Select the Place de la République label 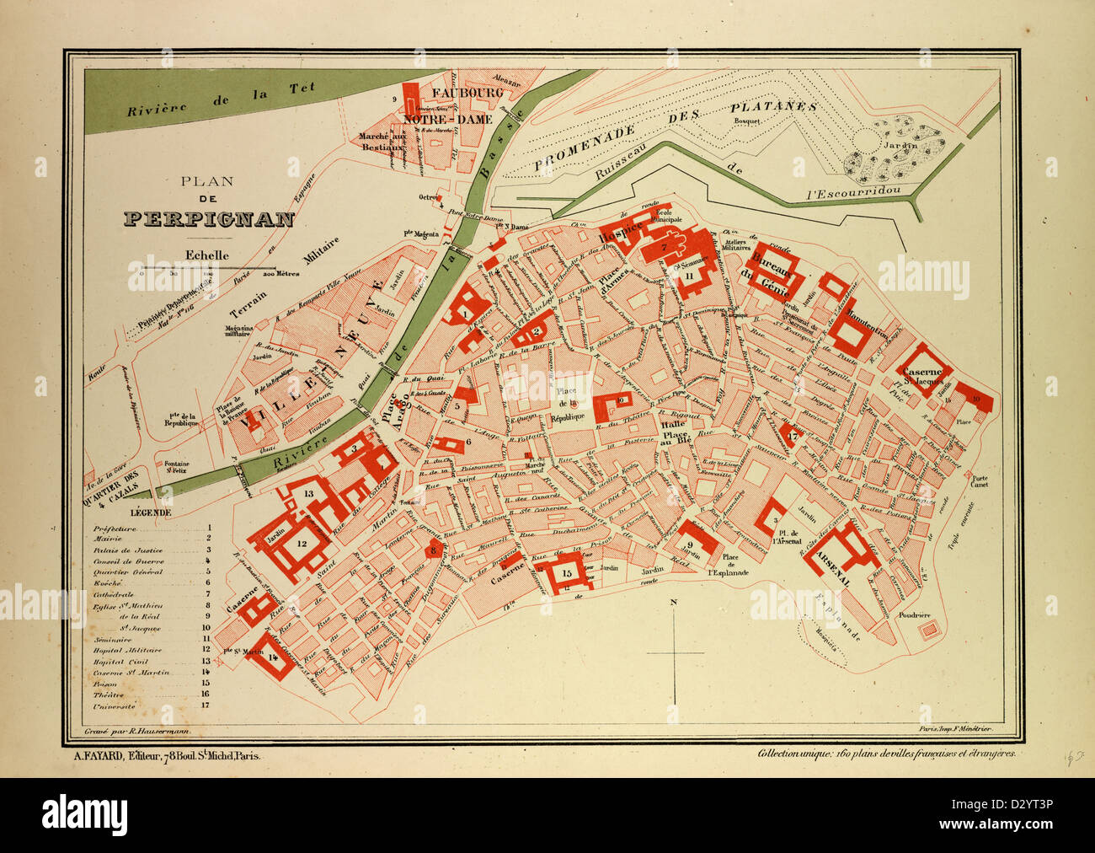coord(565,407)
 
